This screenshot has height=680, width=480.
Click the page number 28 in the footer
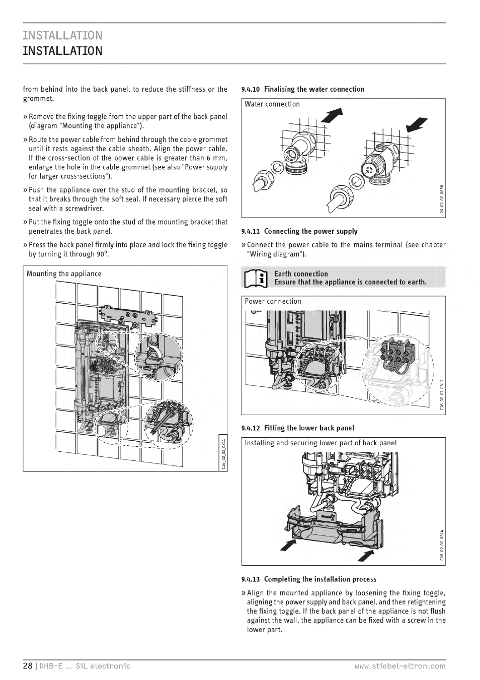click(27, 666)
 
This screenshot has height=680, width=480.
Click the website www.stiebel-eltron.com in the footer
click(399, 666)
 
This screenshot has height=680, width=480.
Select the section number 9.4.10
click(250, 90)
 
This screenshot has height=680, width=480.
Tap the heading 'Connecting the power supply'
click(310, 231)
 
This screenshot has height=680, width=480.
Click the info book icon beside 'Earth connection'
click(256, 278)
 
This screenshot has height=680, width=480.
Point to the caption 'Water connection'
click(272, 104)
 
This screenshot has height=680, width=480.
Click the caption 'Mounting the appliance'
click(64, 274)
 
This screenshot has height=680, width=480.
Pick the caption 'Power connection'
click(273, 301)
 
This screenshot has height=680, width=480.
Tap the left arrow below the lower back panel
click(287, 545)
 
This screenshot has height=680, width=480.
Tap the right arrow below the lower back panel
click(366, 556)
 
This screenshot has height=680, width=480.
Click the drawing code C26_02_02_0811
click(223, 454)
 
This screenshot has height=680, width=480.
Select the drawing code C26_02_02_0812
click(442, 395)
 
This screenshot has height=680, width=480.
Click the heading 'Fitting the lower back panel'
click(308, 428)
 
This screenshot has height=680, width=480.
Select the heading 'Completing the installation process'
click(320, 579)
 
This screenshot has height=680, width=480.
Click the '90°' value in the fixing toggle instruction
click(103, 254)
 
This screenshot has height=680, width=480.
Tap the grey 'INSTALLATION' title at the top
click(62, 35)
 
